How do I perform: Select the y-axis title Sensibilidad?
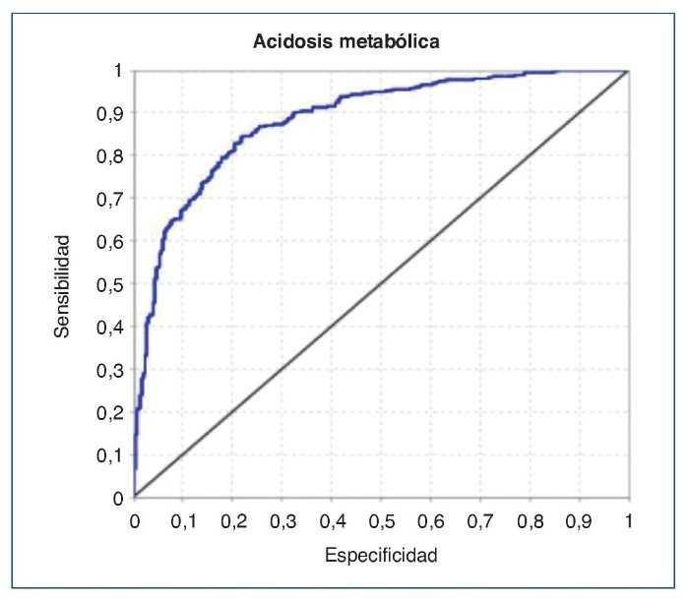(x=61, y=286)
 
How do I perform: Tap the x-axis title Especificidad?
(x=380, y=557)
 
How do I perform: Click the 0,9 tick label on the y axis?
(x=117, y=113)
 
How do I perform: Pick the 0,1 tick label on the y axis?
(x=117, y=455)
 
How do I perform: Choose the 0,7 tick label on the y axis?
(x=117, y=199)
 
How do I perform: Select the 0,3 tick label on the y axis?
(x=117, y=370)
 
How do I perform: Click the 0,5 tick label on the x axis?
(x=381, y=518)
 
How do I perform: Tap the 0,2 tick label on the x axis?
(x=233, y=518)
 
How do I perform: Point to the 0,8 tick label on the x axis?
(x=530, y=518)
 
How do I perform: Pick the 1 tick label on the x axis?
(x=628, y=518)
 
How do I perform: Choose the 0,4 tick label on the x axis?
(x=332, y=518)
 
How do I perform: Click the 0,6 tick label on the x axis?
(x=430, y=518)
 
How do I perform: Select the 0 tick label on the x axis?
(x=135, y=518)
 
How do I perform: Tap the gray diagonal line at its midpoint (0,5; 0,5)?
(x=381, y=284)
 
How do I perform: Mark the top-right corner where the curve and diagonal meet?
(x=627, y=71)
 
